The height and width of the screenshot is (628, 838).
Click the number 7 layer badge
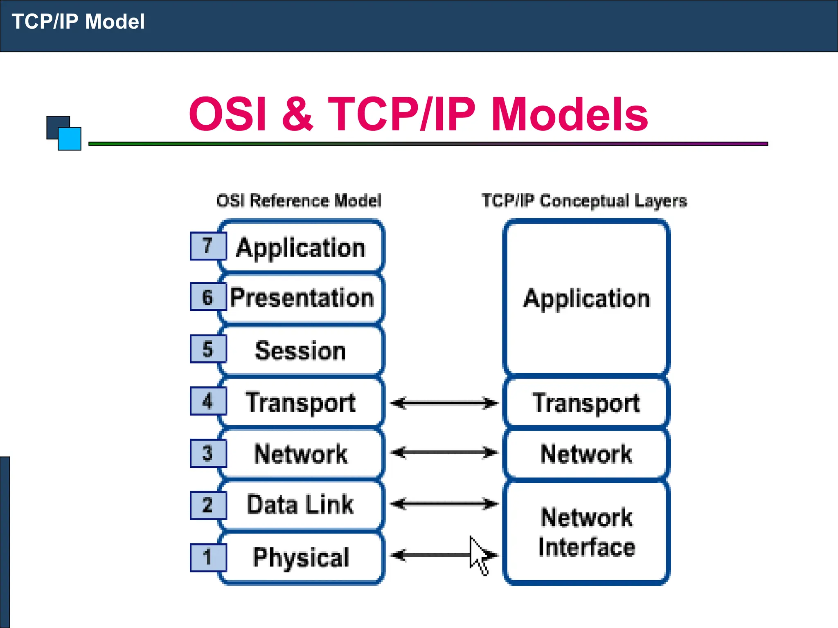(x=208, y=246)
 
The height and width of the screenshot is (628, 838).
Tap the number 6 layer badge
(x=208, y=297)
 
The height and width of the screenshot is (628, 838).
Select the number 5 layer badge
(x=208, y=349)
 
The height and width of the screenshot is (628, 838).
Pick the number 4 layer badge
(x=208, y=401)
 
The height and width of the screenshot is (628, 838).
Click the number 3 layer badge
(x=208, y=453)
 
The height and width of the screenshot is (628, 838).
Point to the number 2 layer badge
(x=208, y=505)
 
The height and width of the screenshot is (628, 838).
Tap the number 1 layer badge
(x=208, y=557)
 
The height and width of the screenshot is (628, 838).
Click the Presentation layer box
(x=302, y=298)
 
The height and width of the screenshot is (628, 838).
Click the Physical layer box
(x=302, y=557)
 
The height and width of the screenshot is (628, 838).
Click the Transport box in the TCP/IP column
(x=586, y=403)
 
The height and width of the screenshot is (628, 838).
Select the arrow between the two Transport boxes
(x=444, y=403)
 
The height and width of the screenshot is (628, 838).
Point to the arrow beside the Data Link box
(x=444, y=504)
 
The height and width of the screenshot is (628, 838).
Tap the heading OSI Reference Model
(x=299, y=201)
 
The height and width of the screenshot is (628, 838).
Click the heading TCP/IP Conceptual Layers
(x=584, y=201)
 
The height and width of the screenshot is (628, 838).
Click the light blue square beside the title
(x=70, y=139)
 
